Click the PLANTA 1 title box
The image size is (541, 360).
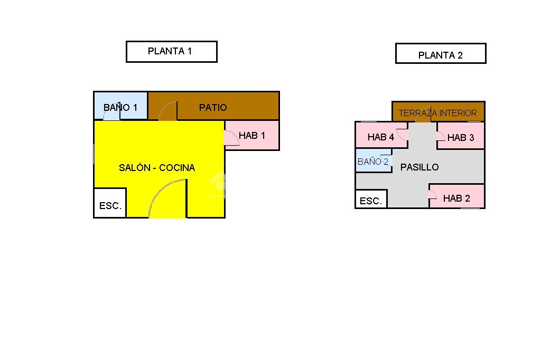click(x=171, y=52)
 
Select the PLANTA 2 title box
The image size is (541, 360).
click(x=440, y=54)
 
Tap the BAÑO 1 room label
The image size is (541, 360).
click(x=120, y=108)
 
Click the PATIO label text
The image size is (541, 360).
click(x=213, y=108)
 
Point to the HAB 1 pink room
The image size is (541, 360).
click(x=253, y=136)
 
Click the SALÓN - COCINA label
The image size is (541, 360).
click(x=157, y=168)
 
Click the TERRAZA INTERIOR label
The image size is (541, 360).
click(x=437, y=113)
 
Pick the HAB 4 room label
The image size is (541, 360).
click(x=381, y=137)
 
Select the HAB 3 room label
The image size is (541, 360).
click(x=461, y=138)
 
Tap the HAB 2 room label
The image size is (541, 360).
click(x=456, y=198)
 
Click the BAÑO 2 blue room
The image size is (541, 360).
click(x=373, y=162)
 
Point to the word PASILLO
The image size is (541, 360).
click(x=419, y=167)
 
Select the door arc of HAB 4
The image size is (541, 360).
click(x=403, y=134)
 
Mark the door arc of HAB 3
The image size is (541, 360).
click(x=440, y=136)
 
